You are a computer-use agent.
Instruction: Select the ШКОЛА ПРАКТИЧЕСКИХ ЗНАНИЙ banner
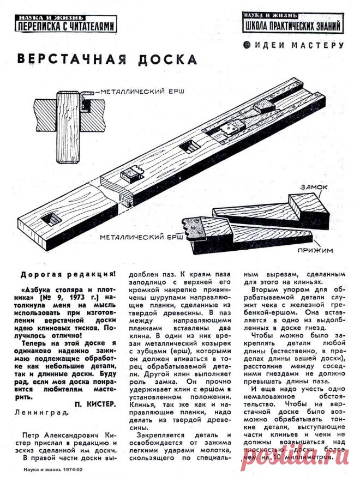[x=293, y=22]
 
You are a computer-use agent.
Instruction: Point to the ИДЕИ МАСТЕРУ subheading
[x=298, y=45]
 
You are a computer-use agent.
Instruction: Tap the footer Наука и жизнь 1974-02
[x=53, y=469]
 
